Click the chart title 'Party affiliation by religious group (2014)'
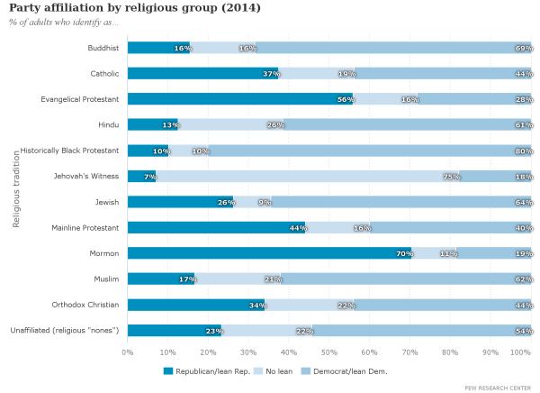(135, 8)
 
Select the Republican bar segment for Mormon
(269, 253)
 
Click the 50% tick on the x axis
(329, 352)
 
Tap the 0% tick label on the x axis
(128, 352)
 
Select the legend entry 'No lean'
(269, 370)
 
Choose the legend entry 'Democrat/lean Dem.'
(346, 370)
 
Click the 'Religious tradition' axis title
(16, 188)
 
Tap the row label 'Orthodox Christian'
(82, 305)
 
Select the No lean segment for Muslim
(238, 279)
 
